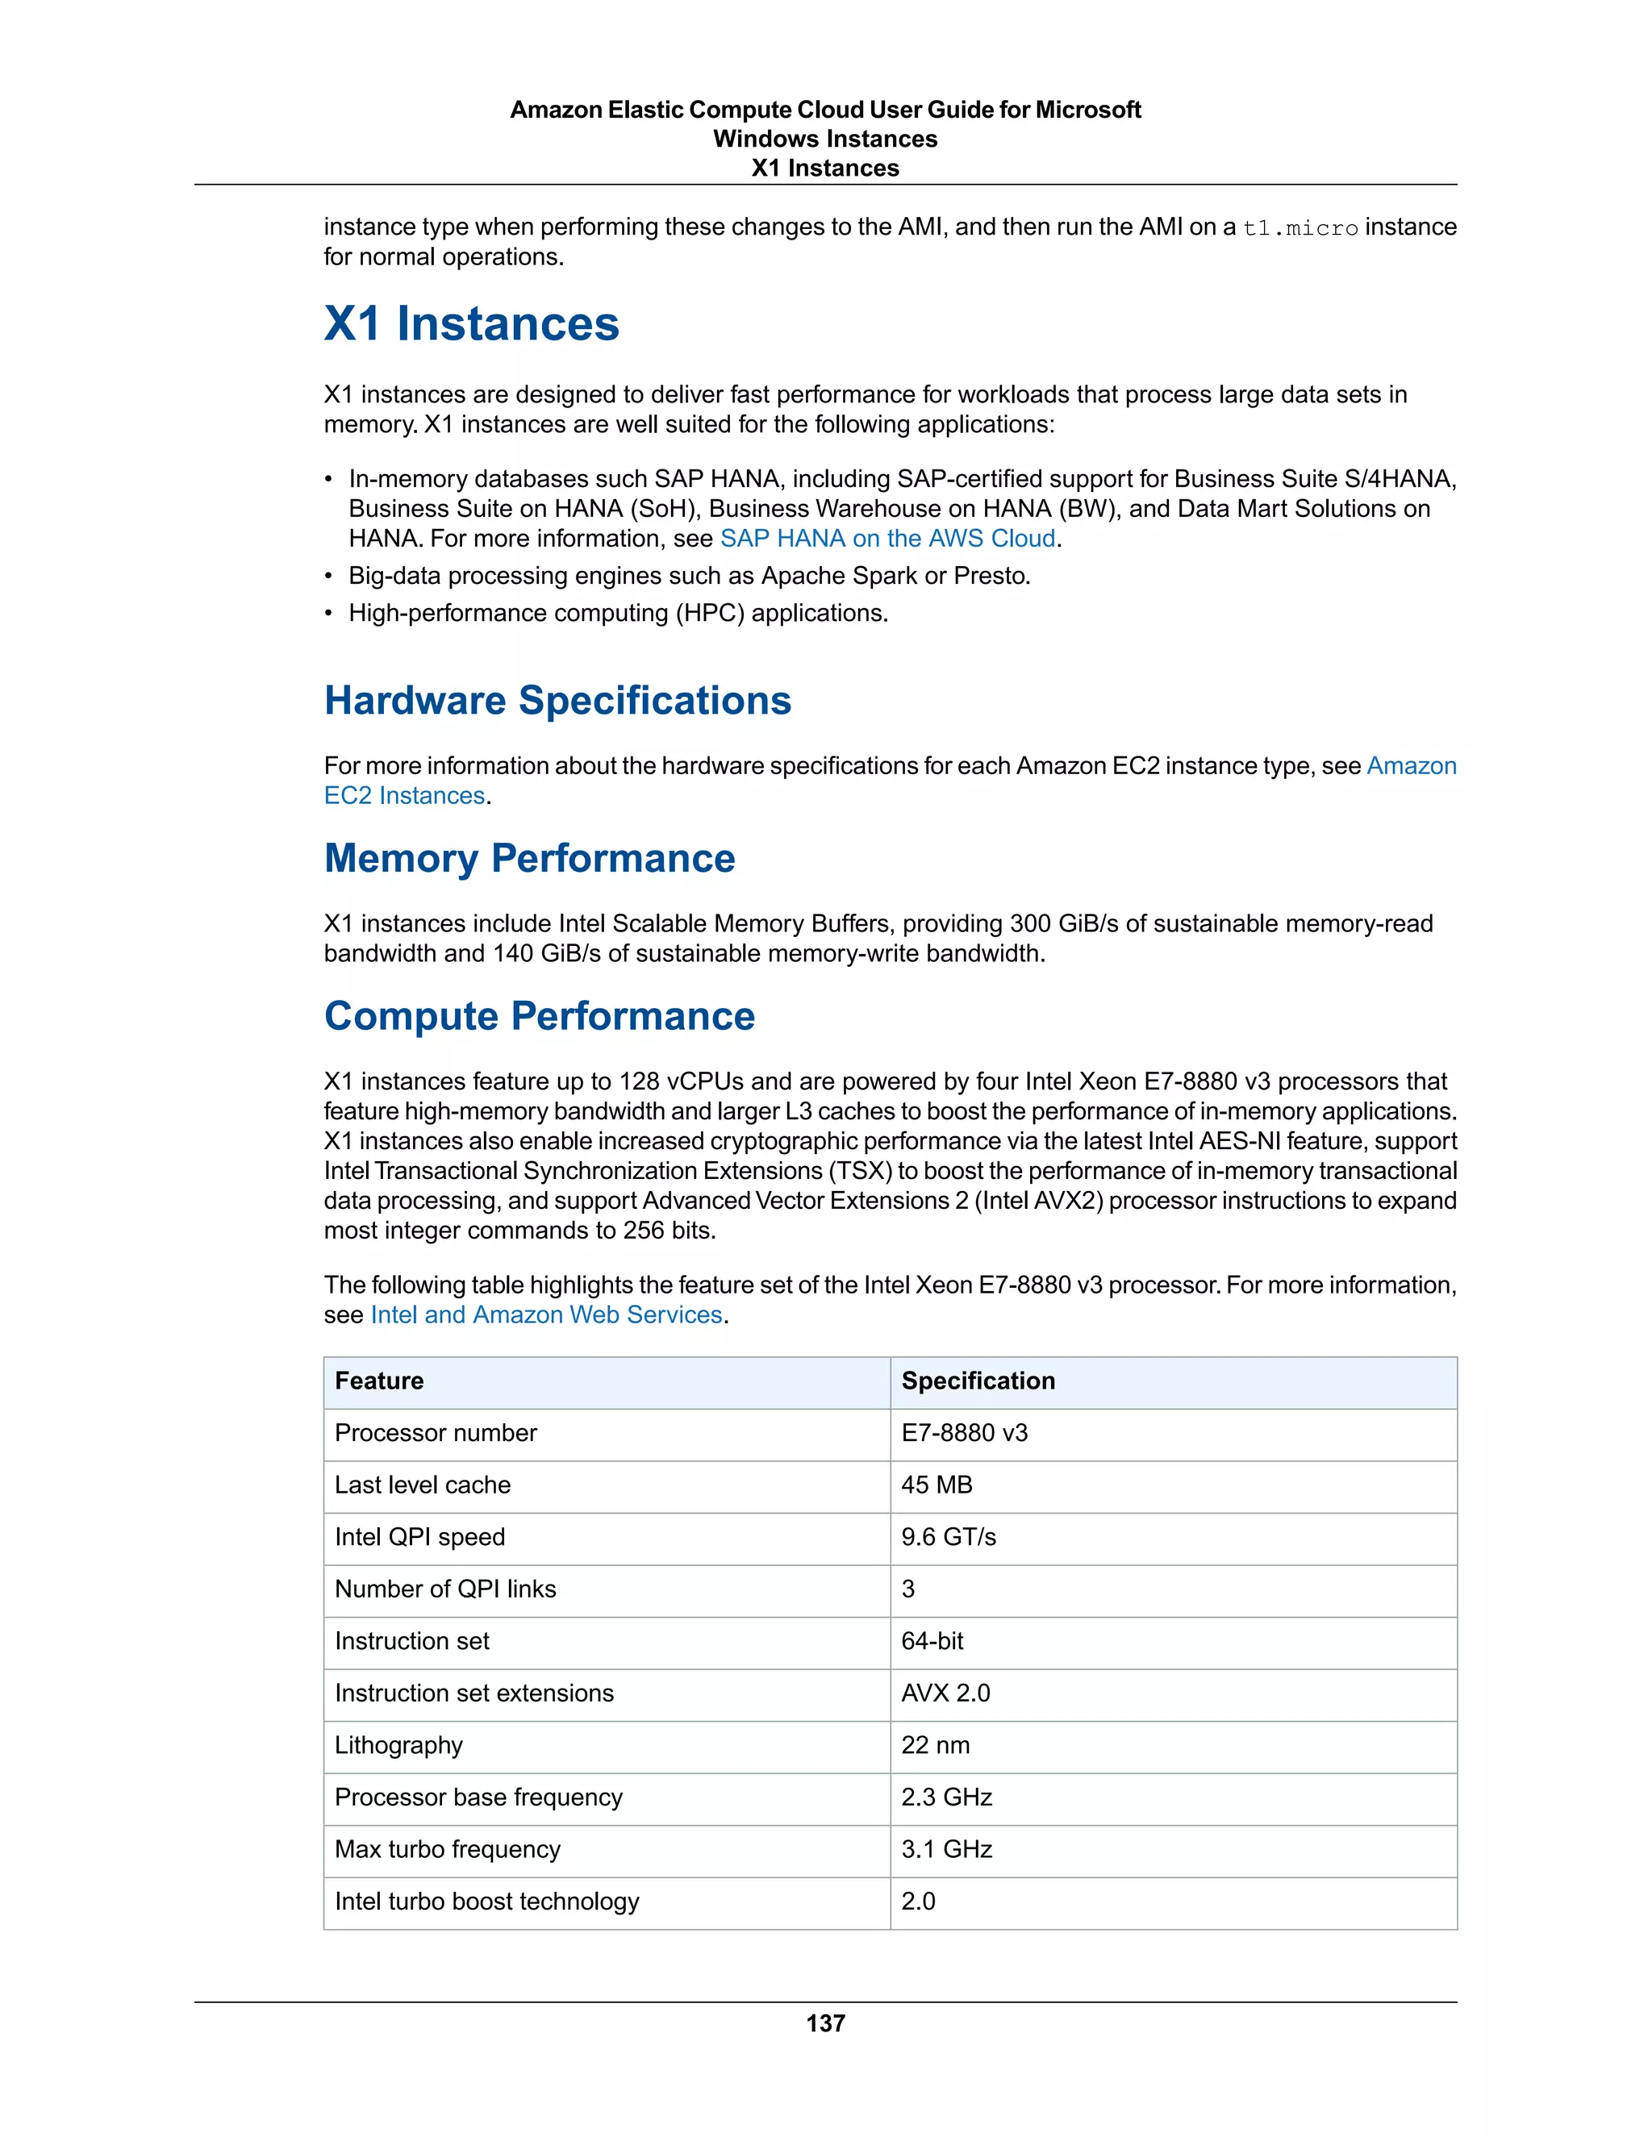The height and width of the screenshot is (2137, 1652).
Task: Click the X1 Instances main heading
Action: [x=471, y=324]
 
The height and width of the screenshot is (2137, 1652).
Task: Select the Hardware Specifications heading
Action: [x=557, y=701]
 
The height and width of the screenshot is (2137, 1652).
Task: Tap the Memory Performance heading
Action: [x=528, y=858]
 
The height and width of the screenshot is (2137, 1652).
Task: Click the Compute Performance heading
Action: [x=540, y=1015]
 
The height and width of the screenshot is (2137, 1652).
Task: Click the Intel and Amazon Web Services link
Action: [x=546, y=1314]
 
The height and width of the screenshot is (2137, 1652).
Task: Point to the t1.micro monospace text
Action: [x=1299, y=228]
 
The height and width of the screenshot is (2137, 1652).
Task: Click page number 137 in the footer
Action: [x=825, y=2022]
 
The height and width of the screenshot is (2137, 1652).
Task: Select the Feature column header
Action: [x=379, y=1381]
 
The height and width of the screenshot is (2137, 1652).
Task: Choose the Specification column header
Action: [x=978, y=1381]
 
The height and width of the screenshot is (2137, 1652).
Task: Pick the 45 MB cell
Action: [x=937, y=1485]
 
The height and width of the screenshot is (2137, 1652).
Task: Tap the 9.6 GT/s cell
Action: [x=949, y=1536]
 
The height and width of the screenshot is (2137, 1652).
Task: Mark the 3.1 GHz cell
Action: [x=946, y=1848]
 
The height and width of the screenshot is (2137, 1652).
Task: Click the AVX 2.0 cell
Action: [x=945, y=1693]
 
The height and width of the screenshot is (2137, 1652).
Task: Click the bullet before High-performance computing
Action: [x=329, y=614]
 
